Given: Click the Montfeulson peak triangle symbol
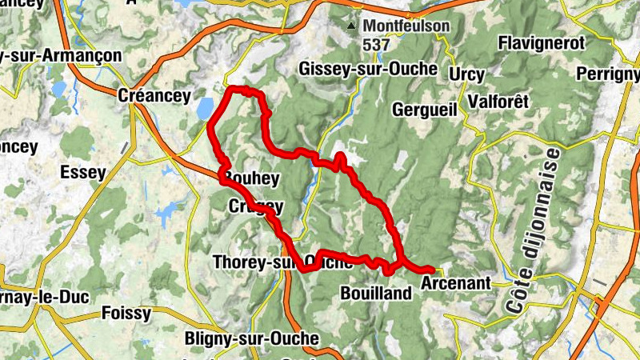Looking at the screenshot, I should click(x=351, y=27).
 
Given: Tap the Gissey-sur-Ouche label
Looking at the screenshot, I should click(x=368, y=69).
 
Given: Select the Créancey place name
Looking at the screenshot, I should click(x=154, y=96).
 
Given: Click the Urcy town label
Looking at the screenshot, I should click(x=467, y=74).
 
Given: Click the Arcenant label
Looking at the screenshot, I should click(x=454, y=283).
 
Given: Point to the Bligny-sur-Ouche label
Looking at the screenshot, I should click(x=251, y=339).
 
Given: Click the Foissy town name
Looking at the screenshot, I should click(x=126, y=314).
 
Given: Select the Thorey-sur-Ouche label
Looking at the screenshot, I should click(x=282, y=262).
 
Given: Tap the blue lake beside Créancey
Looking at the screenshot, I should click(x=205, y=107).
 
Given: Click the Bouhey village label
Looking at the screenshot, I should click(x=252, y=178).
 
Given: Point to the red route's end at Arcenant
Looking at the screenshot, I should click(x=431, y=270).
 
